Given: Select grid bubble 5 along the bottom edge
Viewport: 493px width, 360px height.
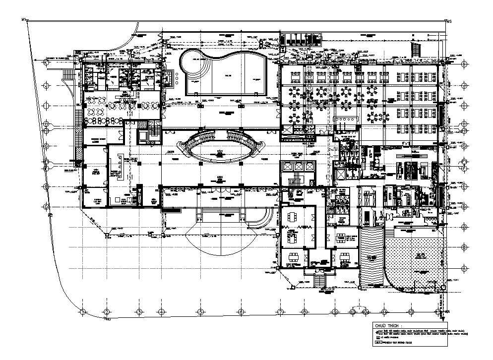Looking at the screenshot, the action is tap(200, 311).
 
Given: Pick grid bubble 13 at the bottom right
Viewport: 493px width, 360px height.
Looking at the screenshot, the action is tap(440, 311).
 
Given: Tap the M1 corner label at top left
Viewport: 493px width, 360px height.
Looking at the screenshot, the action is tap(23, 19).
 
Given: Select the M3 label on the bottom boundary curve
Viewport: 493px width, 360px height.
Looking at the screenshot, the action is tap(107, 320).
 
